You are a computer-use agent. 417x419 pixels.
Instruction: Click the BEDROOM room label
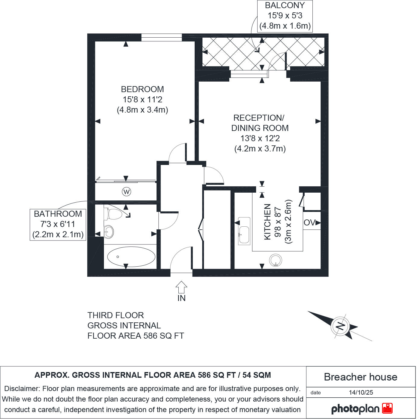click(142, 89)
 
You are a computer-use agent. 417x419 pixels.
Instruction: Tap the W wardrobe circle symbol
click(127, 191)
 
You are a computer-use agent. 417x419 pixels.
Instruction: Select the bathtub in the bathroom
click(131, 257)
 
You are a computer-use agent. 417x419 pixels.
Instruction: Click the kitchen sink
click(244, 231)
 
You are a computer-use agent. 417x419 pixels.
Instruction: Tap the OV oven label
click(309, 223)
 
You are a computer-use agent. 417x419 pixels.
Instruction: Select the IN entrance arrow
click(181, 287)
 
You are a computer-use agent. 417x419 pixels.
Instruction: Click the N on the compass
click(340, 326)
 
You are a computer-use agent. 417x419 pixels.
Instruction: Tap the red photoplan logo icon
click(387, 408)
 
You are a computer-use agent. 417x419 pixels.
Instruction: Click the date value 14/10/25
click(361, 393)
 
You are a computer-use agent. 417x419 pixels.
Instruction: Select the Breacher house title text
click(360, 377)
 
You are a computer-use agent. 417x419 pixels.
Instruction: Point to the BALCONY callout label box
click(285, 16)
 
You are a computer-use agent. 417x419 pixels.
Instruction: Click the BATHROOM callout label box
click(58, 224)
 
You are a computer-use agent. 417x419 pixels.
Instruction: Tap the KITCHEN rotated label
click(267, 222)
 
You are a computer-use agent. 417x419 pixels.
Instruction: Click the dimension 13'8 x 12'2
click(260, 138)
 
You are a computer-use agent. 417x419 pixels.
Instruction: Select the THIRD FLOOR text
click(116, 315)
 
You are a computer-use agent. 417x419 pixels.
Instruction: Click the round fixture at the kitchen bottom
click(275, 260)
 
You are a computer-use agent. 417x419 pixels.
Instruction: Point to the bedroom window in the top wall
click(161, 37)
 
